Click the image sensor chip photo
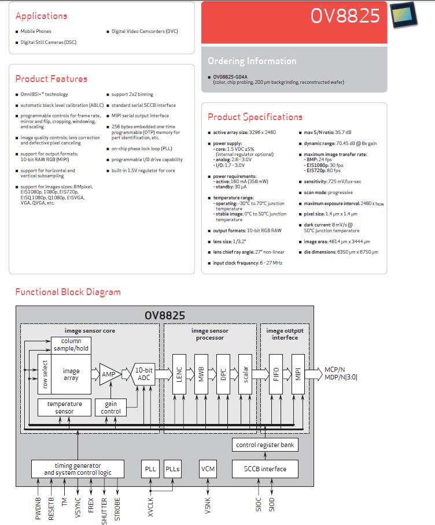coord(404,15)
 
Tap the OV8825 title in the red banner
coord(345,16)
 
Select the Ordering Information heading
coord(252,61)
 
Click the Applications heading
coord(41,16)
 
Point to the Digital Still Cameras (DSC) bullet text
coord(48,42)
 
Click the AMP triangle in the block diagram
coord(110,374)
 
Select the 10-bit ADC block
coord(144,374)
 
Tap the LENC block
coord(179,374)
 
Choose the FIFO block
coord(276,374)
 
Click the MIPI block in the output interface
coord(298,374)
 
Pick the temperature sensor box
coord(64,408)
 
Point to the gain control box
coord(110,408)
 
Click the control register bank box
coord(265,445)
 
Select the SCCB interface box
coord(265,469)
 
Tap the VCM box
coord(208,469)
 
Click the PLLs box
coord(172,469)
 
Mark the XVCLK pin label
coord(150,507)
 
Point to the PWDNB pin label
coord(38,508)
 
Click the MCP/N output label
coord(335,370)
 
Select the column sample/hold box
coord(71,345)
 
